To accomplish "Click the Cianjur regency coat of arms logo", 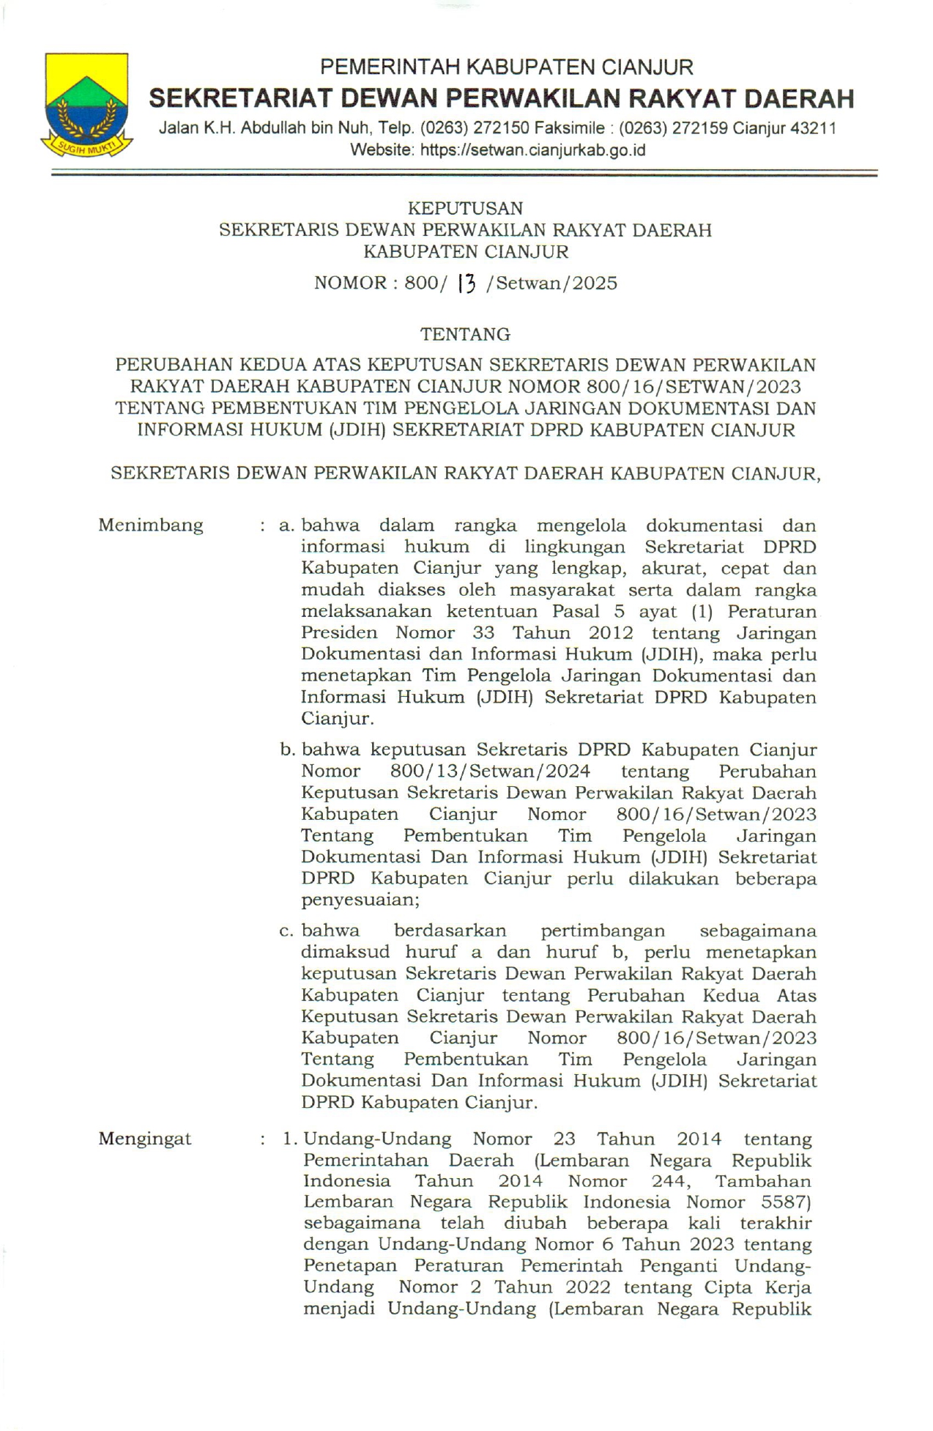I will coord(87,105).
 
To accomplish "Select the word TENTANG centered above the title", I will coord(466,335).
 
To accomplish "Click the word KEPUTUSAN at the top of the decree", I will coord(466,209).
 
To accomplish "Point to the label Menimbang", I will coord(151,525).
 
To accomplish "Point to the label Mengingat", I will coord(145,1139).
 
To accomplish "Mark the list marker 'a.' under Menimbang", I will coord(287,526).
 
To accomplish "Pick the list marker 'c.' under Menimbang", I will coord(287,931).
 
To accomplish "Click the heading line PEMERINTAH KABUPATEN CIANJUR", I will coord(507,67).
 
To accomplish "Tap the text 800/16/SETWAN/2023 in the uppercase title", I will coord(694,386).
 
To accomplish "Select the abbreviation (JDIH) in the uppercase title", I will coord(357,429).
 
